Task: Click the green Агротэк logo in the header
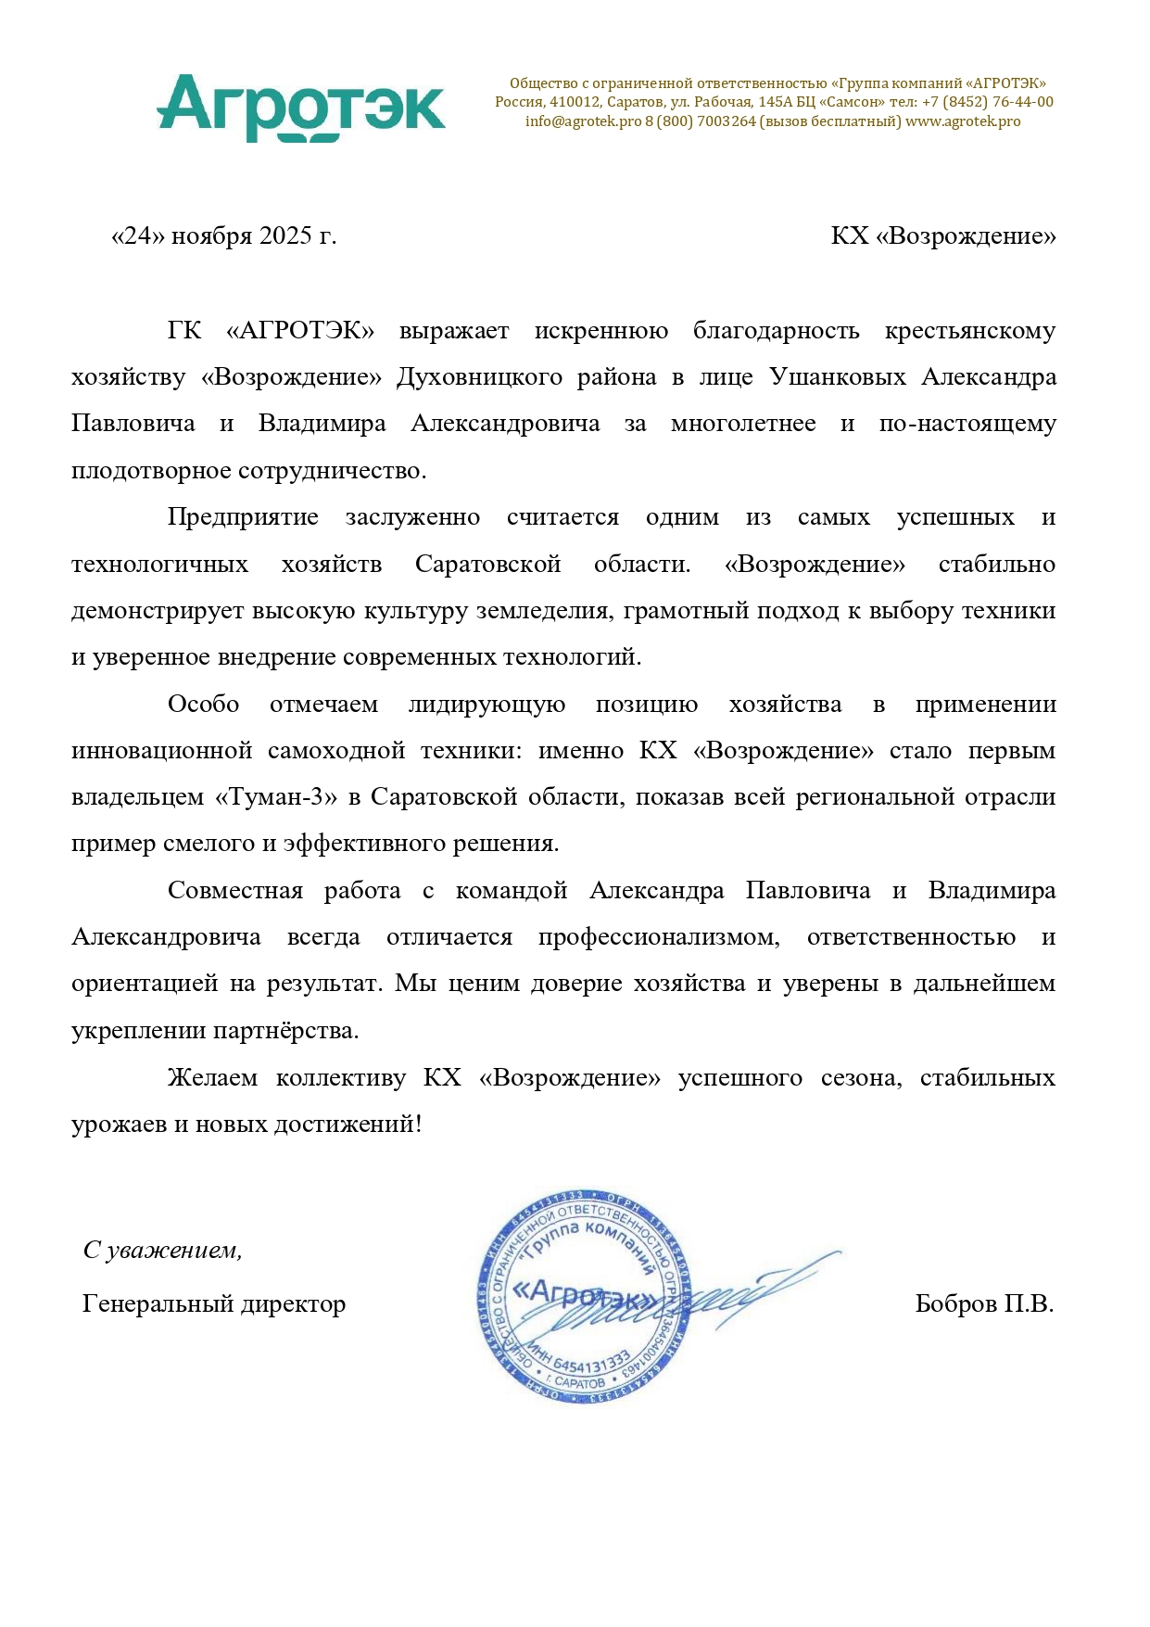(x=301, y=108)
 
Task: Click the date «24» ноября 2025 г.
(x=223, y=236)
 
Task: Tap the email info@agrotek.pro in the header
(x=583, y=121)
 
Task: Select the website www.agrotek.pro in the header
(x=963, y=121)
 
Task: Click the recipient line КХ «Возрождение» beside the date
(x=942, y=236)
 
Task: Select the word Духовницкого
(x=479, y=377)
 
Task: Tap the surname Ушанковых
(x=837, y=377)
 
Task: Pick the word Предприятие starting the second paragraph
(x=243, y=517)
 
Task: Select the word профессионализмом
(x=658, y=937)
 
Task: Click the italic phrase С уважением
(x=162, y=1251)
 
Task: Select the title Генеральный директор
(x=214, y=1304)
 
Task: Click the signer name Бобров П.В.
(x=984, y=1304)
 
